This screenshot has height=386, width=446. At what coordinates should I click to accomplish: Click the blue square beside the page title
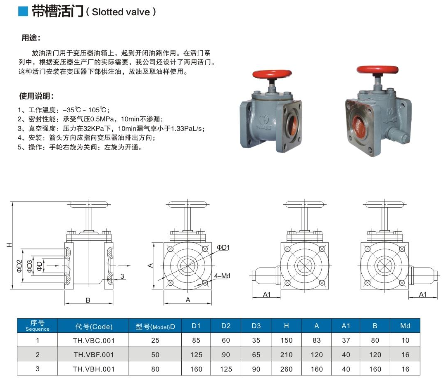pos(23,12)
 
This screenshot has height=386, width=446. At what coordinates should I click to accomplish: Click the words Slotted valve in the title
pos(121,12)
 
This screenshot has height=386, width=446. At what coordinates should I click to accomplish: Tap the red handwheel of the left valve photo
pos(272,74)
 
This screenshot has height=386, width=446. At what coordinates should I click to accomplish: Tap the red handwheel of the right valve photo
pos(377,70)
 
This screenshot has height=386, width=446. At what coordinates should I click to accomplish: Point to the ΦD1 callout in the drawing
pos(223,247)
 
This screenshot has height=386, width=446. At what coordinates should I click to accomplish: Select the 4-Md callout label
pos(222,276)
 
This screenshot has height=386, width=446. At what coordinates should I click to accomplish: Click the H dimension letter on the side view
pos(9,244)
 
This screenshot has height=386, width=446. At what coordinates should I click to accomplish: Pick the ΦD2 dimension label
pos(19,266)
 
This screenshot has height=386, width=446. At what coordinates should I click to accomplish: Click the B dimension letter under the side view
pos(88,300)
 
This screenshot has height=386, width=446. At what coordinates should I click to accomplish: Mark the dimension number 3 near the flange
pos(122,276)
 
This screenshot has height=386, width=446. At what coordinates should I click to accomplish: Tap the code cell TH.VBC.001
pos(94,341)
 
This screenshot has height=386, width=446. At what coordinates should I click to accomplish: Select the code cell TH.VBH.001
pos(94,369)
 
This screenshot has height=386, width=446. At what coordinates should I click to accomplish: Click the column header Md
pos(405,326)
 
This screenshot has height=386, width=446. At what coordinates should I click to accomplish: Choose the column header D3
pos(256,326)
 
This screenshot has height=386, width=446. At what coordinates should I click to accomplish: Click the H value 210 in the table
pos(286,355)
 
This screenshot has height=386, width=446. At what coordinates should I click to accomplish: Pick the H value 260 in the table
pos(286,369)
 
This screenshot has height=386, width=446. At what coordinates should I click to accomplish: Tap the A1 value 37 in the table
pos(346,340)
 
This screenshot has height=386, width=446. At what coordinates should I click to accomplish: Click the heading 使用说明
pos(36,96)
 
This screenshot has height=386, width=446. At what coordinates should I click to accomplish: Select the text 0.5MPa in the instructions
pos(103,119)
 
